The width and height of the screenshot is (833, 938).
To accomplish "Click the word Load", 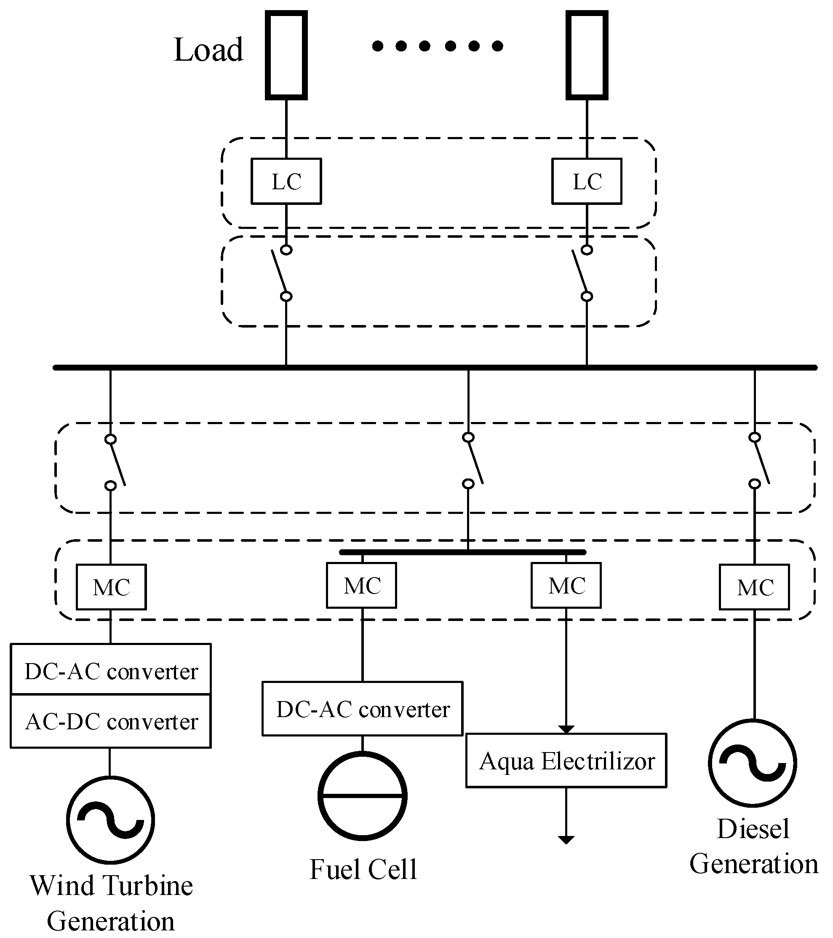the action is coord(208,50).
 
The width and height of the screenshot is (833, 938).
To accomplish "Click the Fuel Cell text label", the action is coord(363,869).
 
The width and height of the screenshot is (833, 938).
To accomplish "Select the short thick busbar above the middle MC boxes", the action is coord(462,552).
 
